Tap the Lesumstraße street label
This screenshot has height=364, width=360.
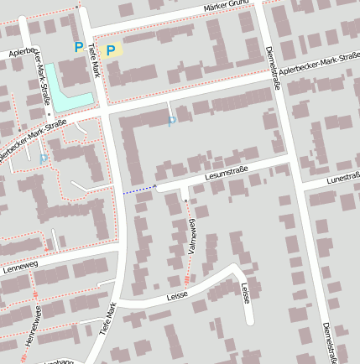pyautogui.click(x=227, y=175)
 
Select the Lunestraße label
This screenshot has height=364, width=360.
pyautogui.click(x=342, y=178)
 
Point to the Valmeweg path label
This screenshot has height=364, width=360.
pyautogui.click(x=192, y=237)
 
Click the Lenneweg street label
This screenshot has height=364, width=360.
pyautogui.click(x=21, y=268)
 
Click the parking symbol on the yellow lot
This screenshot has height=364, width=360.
pyautogui.click(x=110, y=50)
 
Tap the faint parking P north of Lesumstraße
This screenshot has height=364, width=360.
pyautogui.click(x=172, y=122)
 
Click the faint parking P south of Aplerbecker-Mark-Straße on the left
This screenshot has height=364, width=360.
pyautogui.click(x=44, y=158)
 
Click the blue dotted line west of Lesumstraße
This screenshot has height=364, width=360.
pyautogui.click(x=138, y=190)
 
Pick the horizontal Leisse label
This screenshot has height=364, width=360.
pyautogui.click(x=176, y=295)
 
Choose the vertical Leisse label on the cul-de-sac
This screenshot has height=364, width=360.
pyautogui.click(x=245, y=294)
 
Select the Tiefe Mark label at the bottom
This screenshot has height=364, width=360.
pyautogui.click(x=106, y=320)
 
